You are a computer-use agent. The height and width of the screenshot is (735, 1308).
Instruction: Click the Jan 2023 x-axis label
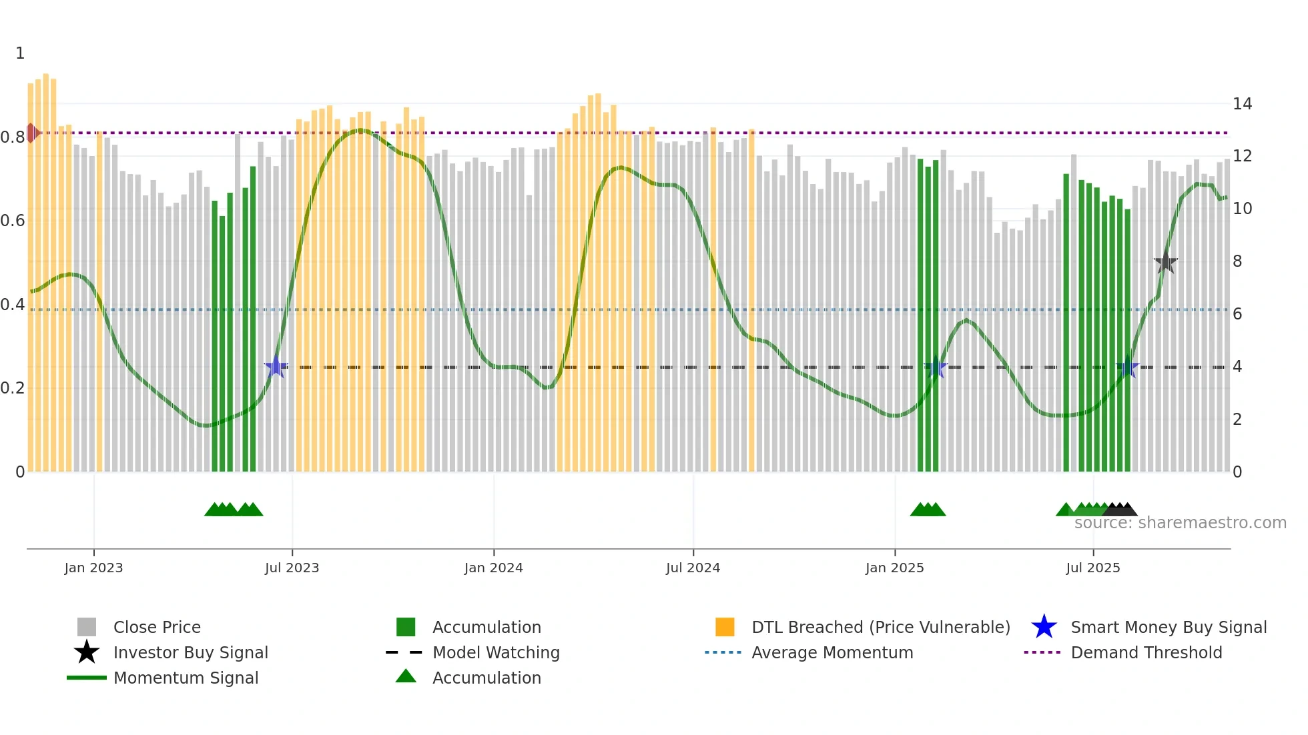[x=93, y=568]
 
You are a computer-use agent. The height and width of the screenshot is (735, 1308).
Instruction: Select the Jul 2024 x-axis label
[x=693, y=568]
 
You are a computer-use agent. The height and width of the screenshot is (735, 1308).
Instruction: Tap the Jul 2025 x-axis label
[x=1092, y=568]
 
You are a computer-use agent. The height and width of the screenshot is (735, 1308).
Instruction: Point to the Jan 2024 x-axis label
[x=493, y=568]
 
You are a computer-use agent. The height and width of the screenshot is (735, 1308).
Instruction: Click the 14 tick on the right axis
[x=1242, y=104]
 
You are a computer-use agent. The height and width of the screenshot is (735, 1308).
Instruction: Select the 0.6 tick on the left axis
[x=13, y=221]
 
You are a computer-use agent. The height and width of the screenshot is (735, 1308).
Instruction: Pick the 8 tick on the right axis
[x=1237, y=261]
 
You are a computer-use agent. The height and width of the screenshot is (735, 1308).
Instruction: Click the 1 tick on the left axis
[x=20, y=53]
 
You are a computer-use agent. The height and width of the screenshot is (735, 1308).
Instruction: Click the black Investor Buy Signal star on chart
[x=1165, y=262]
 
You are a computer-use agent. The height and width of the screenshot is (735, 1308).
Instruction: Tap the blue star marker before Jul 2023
[x=276, y=367]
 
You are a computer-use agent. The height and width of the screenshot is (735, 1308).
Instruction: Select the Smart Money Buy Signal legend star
[x=1044, y=627]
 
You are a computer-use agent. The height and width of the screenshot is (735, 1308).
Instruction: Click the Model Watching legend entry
[x=496, y=652]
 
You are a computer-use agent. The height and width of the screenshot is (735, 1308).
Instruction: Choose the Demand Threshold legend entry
[x=1146, y=652]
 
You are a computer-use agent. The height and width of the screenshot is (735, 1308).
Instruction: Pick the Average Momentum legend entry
[x=832, y=652]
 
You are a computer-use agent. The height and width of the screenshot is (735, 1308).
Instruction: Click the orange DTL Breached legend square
[x=725, y=627]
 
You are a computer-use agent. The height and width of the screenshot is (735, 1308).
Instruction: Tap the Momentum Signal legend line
[x=87, y=678]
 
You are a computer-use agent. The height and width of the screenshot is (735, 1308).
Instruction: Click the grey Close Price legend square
[x=87, y=627]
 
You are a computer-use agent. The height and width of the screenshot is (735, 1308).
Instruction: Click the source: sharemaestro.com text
[x=1180, y=523]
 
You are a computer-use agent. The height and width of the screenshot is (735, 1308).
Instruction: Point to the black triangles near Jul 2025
[x=1120, y=510]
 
